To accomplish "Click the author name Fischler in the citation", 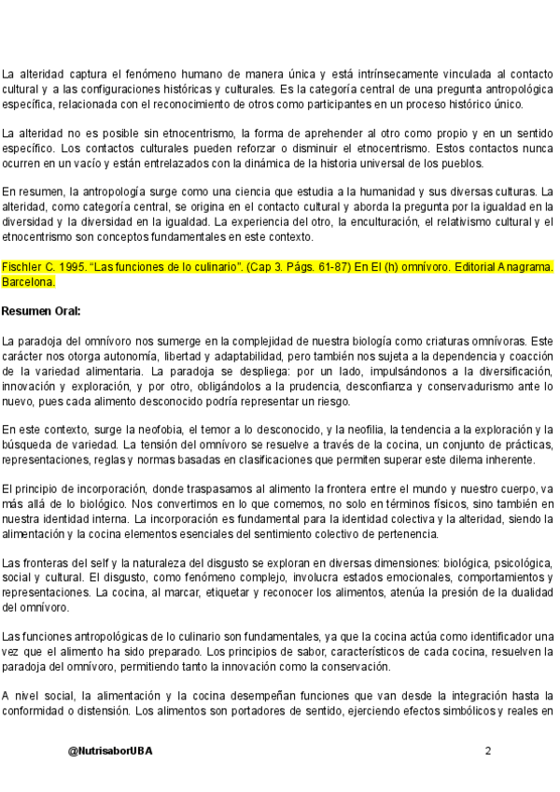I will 20,266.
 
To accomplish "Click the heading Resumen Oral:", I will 41,310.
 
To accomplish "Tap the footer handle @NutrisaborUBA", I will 110,751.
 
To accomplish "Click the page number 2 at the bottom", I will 487,751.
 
